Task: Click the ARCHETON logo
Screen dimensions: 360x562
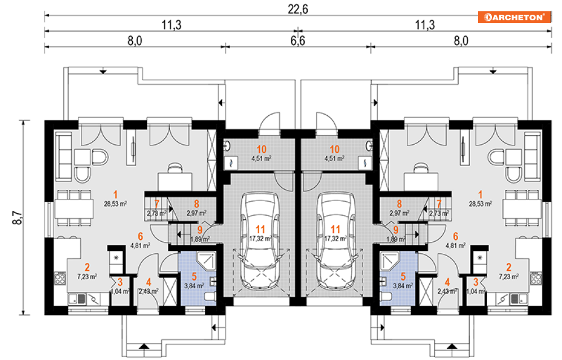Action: [514, 17]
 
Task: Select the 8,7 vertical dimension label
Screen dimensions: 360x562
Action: [17, 217]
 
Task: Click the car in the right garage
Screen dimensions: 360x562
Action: [335, 240]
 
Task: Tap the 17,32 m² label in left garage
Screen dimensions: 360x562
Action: [260, 238]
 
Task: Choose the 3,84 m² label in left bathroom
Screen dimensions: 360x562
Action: [193, 286]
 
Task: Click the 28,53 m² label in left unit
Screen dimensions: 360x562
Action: [115, 202]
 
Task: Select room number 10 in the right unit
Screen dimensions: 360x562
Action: [335, 149]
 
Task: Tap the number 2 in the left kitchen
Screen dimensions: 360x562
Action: [88, 267]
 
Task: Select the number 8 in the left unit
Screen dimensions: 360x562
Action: [196, 203]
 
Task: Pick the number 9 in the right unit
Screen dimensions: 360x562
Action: [396, 229]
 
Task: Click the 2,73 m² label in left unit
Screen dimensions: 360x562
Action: [156, 214]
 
